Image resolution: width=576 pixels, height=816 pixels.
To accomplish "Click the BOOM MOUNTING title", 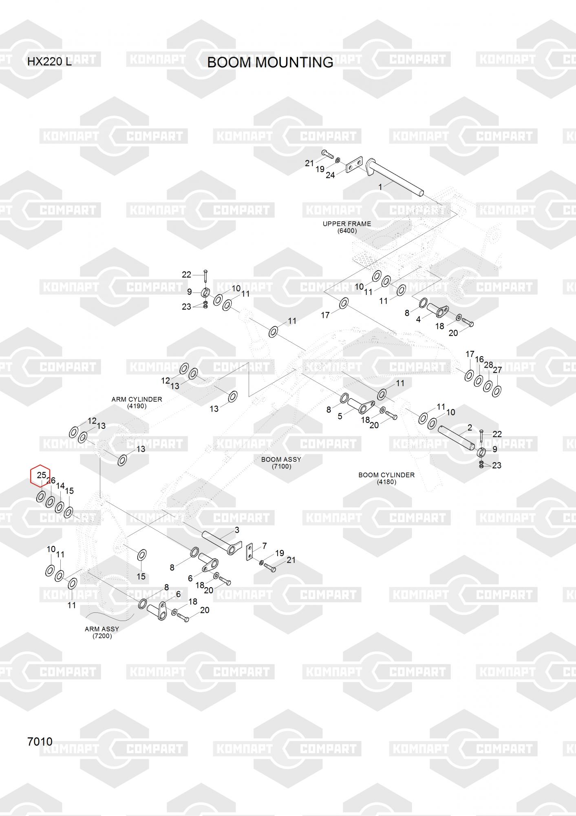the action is pos(270,62).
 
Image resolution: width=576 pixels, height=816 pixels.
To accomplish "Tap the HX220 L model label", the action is pos(49,62).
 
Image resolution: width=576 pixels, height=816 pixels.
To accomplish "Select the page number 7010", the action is pos(40,741).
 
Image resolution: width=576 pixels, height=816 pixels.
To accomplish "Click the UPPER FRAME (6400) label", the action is pos(347,227).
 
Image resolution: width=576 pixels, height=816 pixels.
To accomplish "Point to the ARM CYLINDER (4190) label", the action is pos(137,402).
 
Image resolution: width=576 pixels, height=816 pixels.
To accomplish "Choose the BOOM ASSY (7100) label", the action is pos(281,463).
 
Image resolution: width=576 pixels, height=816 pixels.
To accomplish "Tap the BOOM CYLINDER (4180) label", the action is pos(386,478).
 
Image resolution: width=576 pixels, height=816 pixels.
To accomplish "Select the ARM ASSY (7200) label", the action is pos(102,632).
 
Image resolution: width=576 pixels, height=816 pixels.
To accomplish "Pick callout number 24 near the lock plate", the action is pos(330,175).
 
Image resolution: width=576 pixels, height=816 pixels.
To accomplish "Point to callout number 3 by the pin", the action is pos(237,530).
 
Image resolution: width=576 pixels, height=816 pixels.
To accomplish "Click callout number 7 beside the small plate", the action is pos(265,546).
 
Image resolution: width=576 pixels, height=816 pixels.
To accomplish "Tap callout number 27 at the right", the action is pos(497,370).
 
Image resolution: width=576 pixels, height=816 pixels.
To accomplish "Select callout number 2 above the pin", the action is pos(470,428).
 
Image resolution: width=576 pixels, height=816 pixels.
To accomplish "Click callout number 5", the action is pos(340,416).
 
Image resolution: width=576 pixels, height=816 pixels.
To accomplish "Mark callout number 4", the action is pos(418,319).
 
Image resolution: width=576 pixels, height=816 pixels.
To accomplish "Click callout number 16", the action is pos(479,359).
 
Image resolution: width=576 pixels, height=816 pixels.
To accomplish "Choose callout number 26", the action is pos(51,481).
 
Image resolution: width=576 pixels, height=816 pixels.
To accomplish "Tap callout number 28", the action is pos(488,365).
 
